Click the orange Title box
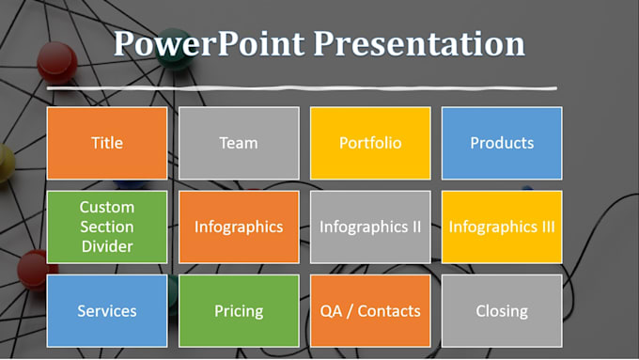tap(107, 143)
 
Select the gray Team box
tap(239, 143)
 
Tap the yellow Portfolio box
tap(370, 143)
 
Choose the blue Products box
tap(502, 143)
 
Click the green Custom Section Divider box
tap(107, 227)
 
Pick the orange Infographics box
tap(239, 227)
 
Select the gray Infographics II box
tap(370, 227)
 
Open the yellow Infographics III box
tap(502, 227)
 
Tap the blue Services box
tap(107, 310)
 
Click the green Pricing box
tap(239, 310)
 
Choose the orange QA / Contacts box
tap(370, 310)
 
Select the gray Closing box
tap(502, 310)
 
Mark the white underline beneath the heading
tap(282, 89)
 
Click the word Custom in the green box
tap(107, 207)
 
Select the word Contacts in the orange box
tap(388, 310)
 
